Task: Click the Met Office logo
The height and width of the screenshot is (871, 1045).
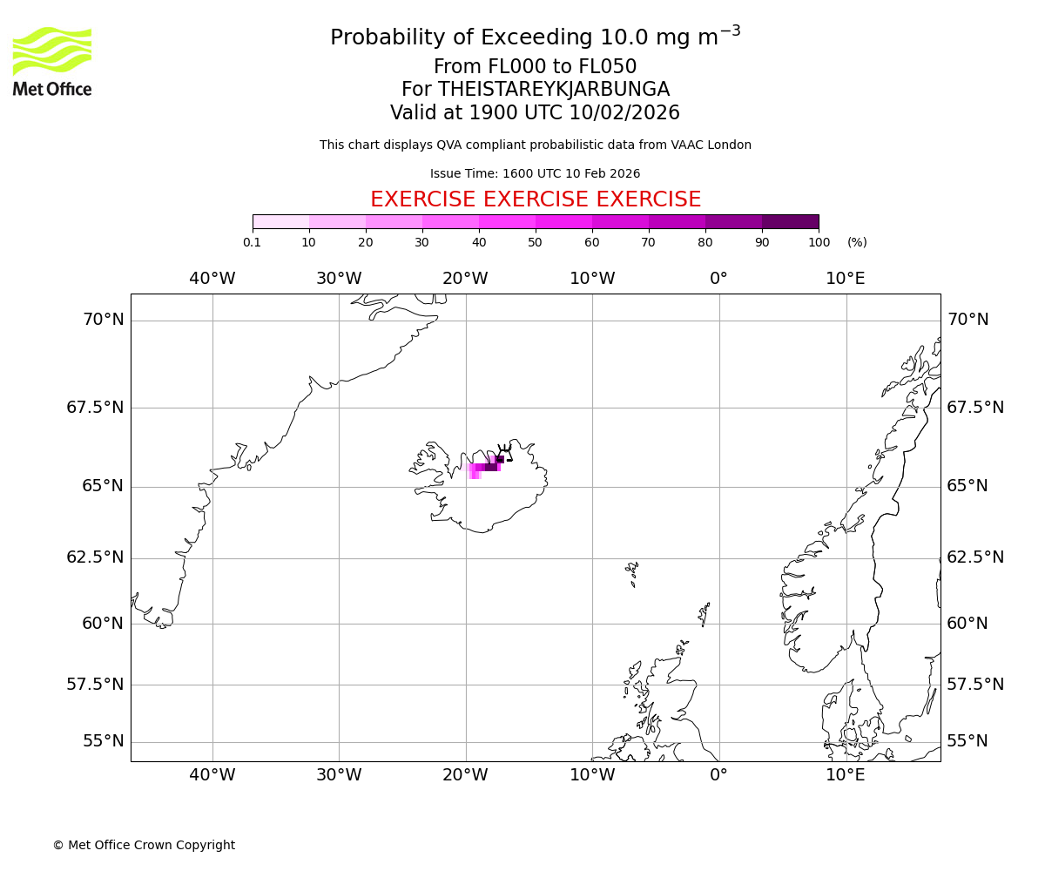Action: click(x=52, y=61)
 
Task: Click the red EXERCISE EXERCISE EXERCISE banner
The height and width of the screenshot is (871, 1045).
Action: click(x=536, y=199)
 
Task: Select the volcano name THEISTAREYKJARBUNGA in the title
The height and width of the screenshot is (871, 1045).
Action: click(x=554, y=90)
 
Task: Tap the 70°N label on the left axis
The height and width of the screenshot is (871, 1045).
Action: click(x=104, y=320)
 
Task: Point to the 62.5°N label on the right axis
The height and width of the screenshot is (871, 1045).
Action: click(x=975, y=557)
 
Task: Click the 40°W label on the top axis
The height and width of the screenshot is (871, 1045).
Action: click(x=212, y=279)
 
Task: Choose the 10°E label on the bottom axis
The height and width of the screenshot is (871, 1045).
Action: click(x=846, y=775)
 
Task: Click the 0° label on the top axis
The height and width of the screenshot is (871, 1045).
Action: click(x=718, y=279)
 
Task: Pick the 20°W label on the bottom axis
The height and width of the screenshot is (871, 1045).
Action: click(x=465, y=775)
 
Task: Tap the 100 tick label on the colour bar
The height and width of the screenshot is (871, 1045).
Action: click(x=819, y=242)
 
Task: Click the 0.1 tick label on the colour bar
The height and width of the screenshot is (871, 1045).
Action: click(x=253, y=242)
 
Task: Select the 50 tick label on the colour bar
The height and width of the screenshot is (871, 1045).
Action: click(x=536, y=242)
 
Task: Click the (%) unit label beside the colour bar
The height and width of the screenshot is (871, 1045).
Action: click(x=857, y=242)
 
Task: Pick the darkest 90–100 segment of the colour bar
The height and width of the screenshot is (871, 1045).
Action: click(x=790, y=221)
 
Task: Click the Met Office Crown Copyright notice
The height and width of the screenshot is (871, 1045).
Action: click(x=144, y=845)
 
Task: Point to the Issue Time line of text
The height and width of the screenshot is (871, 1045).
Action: click(x=536, y=173)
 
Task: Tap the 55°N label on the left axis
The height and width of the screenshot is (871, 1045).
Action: click(x=104, y=741)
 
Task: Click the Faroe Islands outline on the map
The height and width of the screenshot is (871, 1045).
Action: click(x=632, y=572)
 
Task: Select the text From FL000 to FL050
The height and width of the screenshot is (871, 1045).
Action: click(x=536, y=67)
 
